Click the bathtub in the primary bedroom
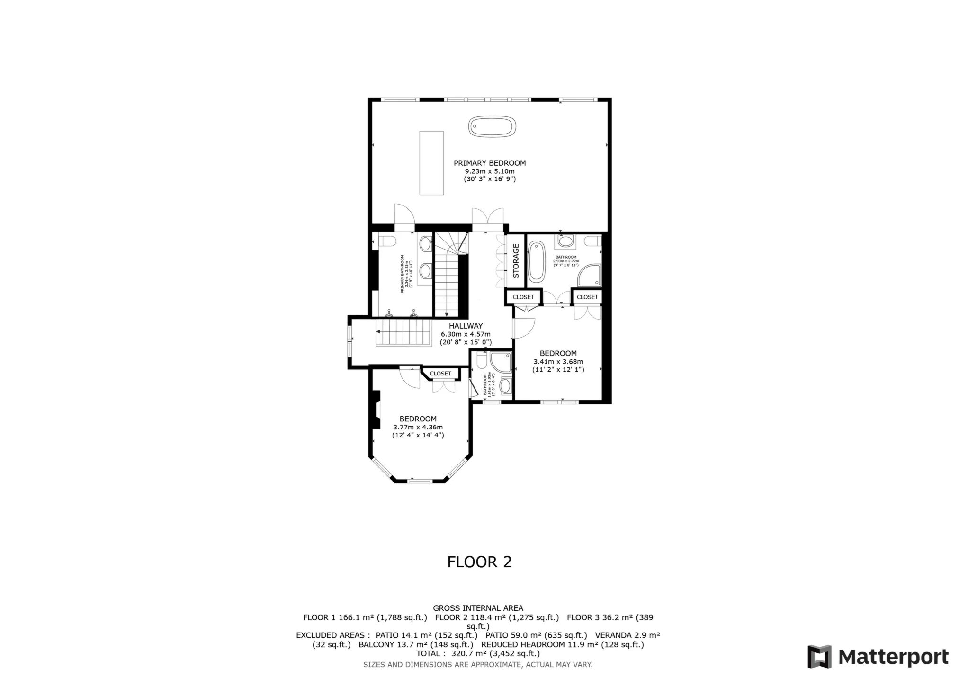pyautogui.click(x=492, y=126)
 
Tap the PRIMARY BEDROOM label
pyautogui.click(x=489, y=163)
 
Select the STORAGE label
pyautogui.click(x=516, y=260)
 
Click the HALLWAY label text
pyautogui.click(x=466, y=326)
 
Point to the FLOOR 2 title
pyautogui.click(x=479, y=562)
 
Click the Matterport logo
pyautogui.click(x=878, y=657)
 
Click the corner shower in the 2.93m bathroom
pyautogui.click(x=590, y=276)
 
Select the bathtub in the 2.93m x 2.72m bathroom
pyautogui.click(x=537, y=261)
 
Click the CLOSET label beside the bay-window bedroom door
pyautogui.click(x=440, y=374)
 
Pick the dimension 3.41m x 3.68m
pyautogui.click(x=558, y=362)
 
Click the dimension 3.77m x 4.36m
pyautogui.click(x=418, y=427)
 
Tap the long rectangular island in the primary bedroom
pyautogui.click(x=431, y=163)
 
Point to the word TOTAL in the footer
pyautogui.click(x=430, y=654)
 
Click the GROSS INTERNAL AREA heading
pyautogui.click(x=478, y=608)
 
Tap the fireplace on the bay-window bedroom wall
pyautogui.click(x=376, y=410)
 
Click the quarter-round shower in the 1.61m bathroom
pyautogui.click(x=500, y=362)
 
